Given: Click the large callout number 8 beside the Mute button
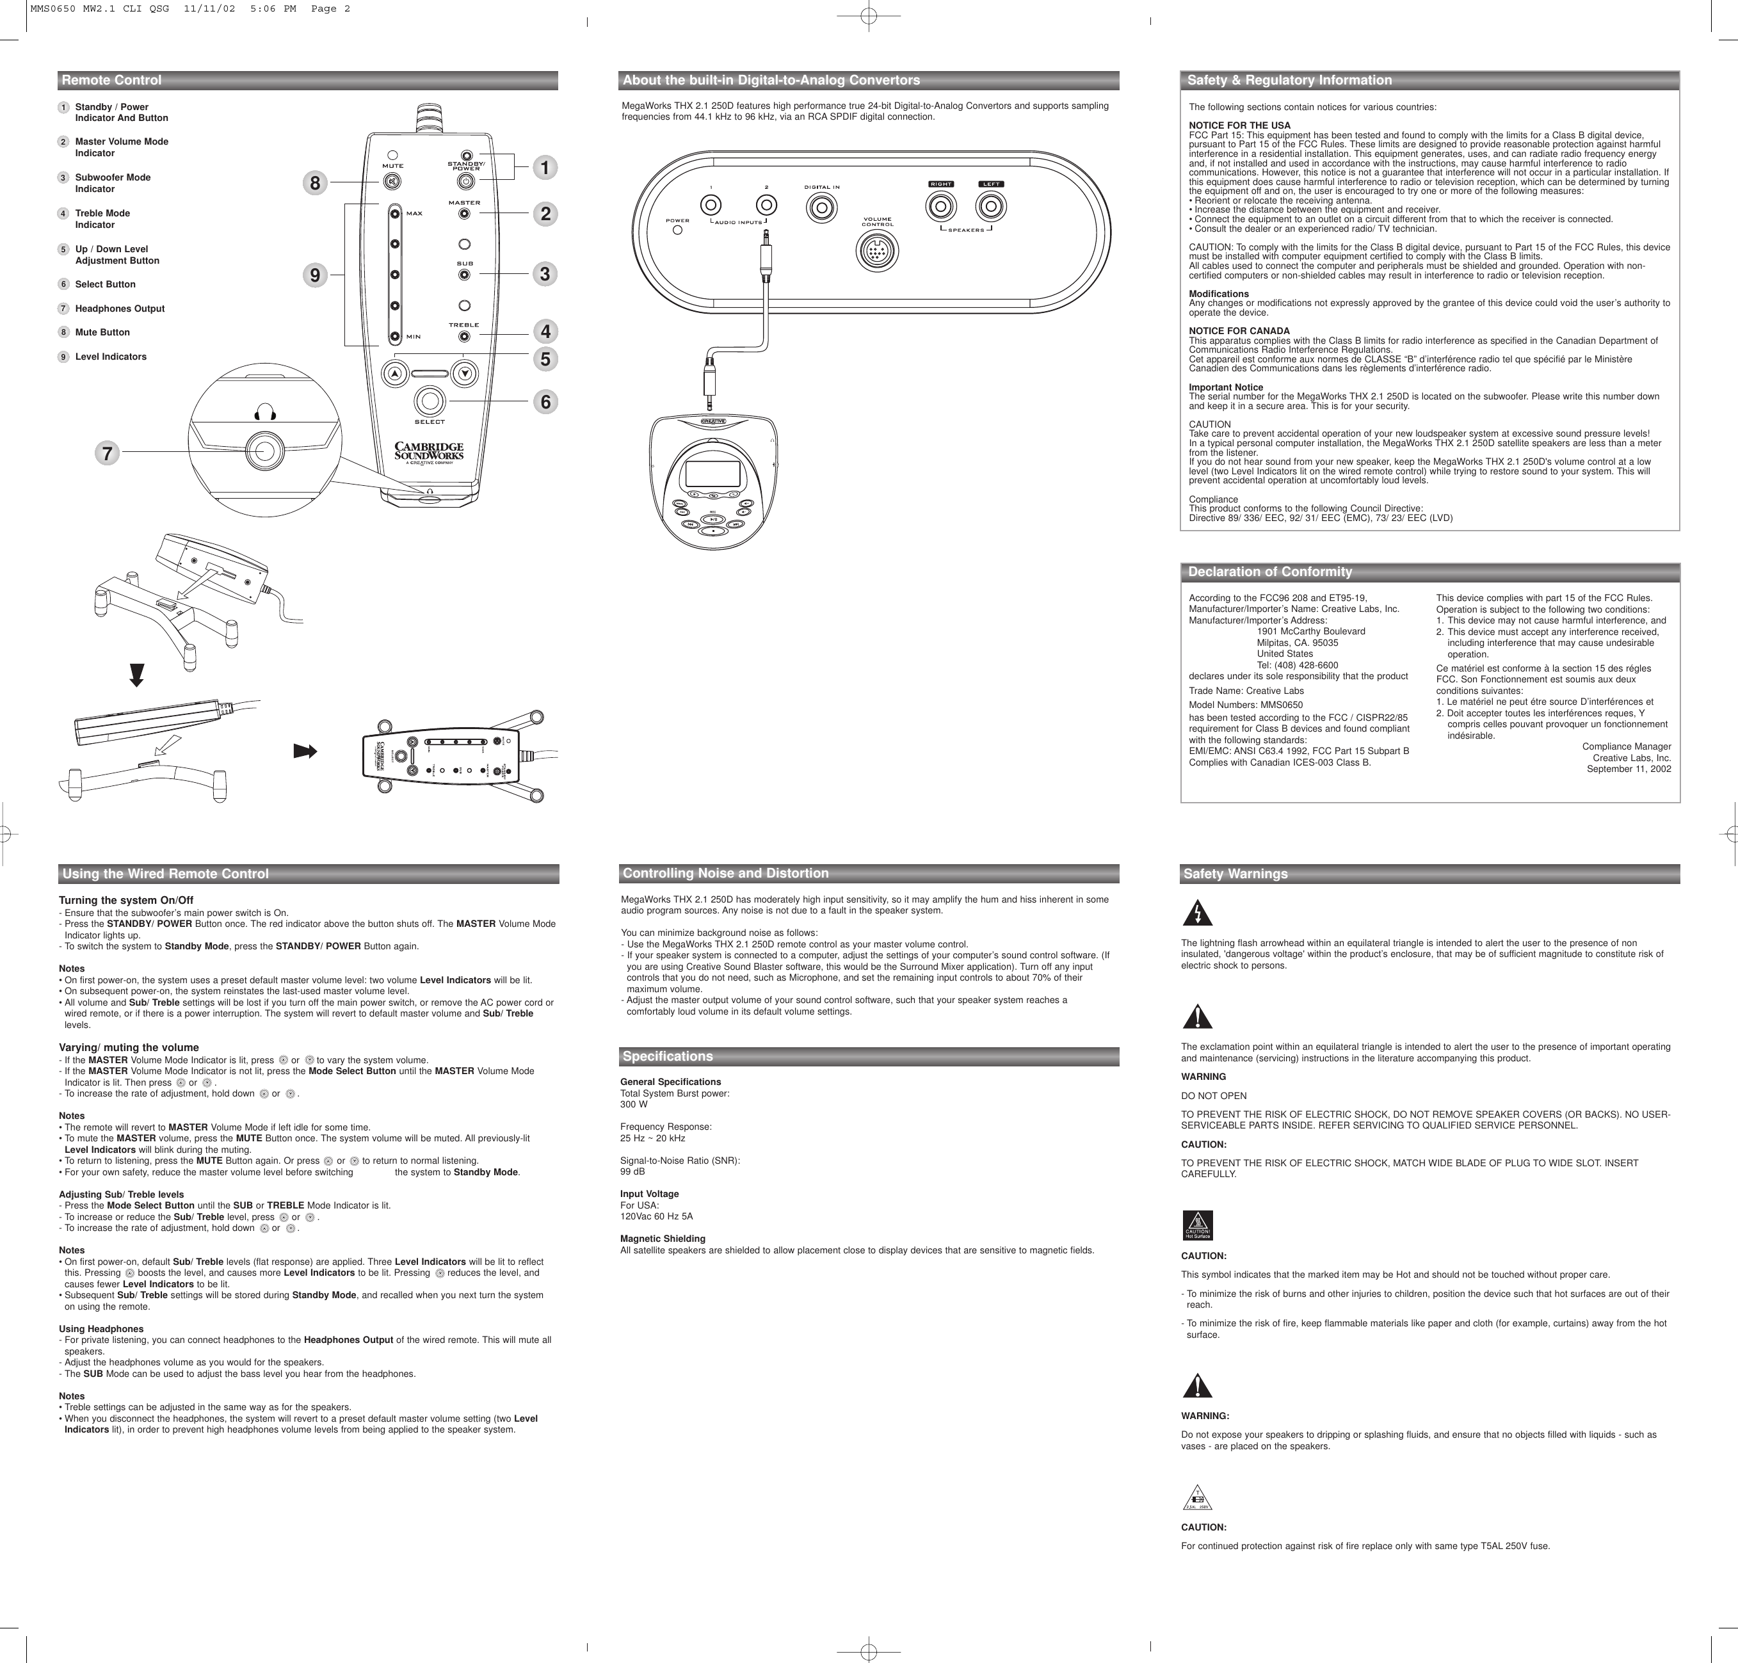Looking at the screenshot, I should pyautogui.click(x=314, y=184).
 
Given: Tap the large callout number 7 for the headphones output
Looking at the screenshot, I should pyautogui.click(x=108, y=453).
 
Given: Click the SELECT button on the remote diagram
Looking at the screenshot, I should pyautogui.click(x=430, y=401).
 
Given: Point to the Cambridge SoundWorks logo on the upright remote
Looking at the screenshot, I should pyautogui.click(x=429, y=452).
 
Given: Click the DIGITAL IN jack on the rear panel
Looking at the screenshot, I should pyautogui.click(x=821, y=207).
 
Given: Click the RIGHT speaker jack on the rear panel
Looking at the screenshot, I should pyautogui.click(x=940, y=207).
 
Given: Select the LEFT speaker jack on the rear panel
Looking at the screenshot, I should pyautogui.click(x=990, y=207).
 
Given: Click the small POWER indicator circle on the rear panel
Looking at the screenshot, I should pyautogui.click(x=678, y=230).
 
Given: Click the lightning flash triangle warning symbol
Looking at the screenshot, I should pyautogui.click(x=1197, y=913).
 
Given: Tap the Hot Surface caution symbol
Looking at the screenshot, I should pyautogui.click(x=1197, y=1225).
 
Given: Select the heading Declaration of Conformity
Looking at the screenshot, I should pyautogui.click(x=1269, y=572).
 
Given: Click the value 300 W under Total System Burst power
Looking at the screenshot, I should pyautogui.click(x=634, y=1105).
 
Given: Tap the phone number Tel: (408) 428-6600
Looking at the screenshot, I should pyautogui.click(x=1297, y=665).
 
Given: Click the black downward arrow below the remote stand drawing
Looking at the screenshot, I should pyautogui.click(x=136, y=675).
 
